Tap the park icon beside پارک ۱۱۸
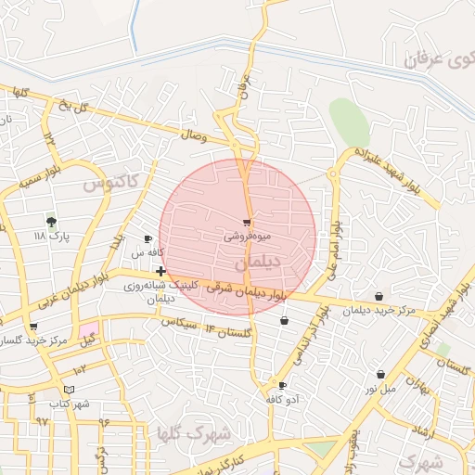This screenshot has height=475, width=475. (51, 222)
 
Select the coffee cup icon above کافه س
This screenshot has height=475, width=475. (148, 239)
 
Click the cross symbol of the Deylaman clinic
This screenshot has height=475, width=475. (161, 271)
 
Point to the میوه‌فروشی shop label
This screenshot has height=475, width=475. (246, 237)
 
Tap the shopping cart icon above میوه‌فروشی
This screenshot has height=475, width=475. (247, 223)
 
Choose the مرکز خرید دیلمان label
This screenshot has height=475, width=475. (378, 310)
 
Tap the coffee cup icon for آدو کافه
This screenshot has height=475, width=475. (282, 385)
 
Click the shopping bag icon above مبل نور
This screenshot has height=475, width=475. (380, 375)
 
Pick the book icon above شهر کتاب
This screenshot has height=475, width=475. (70, 390)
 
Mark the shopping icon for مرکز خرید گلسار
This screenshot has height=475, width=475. (34, 327)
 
